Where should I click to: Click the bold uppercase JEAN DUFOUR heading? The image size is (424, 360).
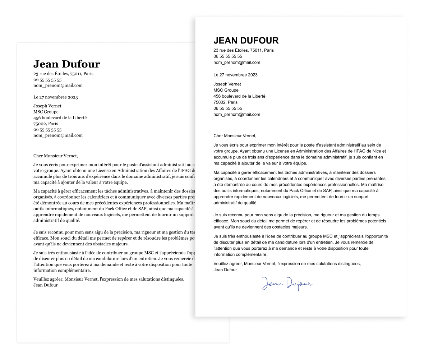click(x=246, y=40)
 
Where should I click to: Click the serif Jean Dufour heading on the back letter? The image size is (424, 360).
click(x=66, y=64)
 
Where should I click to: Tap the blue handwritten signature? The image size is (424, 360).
click(x=287, y=283)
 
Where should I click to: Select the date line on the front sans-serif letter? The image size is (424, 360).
click(x=235, y=75)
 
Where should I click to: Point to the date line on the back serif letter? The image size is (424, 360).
click(x=55, y=97)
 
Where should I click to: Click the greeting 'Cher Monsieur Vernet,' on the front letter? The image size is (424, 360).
click(x=235, y=136)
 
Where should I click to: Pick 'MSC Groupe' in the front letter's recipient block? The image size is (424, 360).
click(x=226, y=90)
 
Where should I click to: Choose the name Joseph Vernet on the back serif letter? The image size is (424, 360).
click(x=47, y=106)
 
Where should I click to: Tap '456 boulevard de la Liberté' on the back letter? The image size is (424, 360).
click(x=60, y=117)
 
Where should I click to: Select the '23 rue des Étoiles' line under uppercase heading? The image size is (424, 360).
click(x=243, y=50)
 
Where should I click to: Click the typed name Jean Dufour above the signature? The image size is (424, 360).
click(x=225, y=270)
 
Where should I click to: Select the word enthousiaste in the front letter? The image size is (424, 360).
click(x=247, y=236)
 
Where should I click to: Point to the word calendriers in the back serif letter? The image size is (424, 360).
click(x=95, y=197)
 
